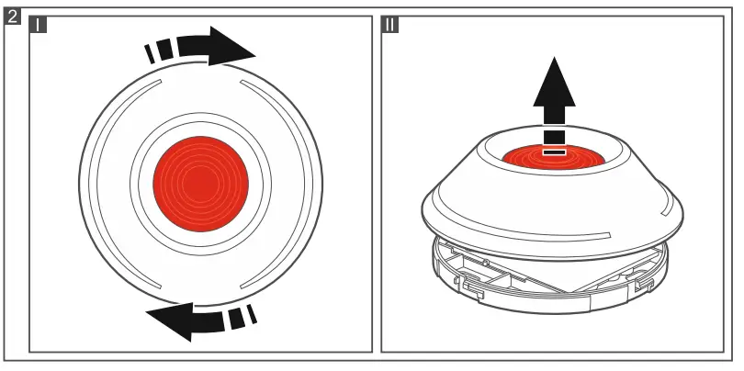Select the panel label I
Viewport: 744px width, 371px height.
(39, 25)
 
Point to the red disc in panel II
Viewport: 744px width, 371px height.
(554, 159)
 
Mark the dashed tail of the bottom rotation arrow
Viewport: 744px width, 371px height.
(241, 316)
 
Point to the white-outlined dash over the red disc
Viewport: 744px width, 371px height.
(554, 151)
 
